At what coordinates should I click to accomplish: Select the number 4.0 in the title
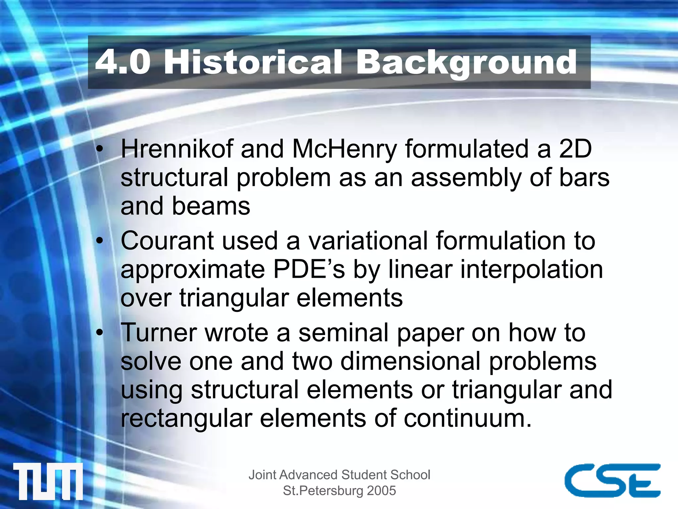[123, 62]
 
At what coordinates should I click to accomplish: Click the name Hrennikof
[177, 149]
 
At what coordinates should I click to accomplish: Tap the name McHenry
[344, 149]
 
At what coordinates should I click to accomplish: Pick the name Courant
[167, 241]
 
